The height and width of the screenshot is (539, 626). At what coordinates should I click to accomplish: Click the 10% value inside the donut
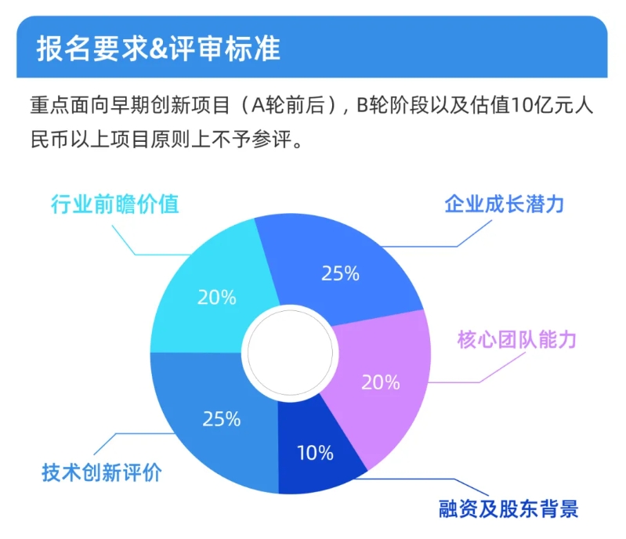point(316,453)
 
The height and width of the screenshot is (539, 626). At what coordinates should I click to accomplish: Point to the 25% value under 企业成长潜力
point(341,273)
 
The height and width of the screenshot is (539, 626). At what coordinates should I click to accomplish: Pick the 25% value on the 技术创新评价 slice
point(222,419)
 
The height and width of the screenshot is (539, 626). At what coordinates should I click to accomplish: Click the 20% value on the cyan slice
point(217,298)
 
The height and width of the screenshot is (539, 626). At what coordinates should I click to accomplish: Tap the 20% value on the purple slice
point(381,382)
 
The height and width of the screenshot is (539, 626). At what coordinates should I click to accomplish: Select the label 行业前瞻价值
point(115,204)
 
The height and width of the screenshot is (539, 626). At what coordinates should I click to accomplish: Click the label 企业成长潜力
point(505,204)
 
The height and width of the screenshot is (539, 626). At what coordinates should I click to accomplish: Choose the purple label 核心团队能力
point(516,340)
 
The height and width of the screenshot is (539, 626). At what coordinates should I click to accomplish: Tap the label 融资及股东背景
point(508,508)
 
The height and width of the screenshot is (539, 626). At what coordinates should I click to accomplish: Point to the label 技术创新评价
point(102,472)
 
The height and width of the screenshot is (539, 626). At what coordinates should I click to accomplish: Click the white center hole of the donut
point(290,353)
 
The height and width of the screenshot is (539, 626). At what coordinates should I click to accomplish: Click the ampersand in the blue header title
point(158,49)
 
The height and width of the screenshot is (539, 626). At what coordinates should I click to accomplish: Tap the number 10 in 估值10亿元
point(520,106)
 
